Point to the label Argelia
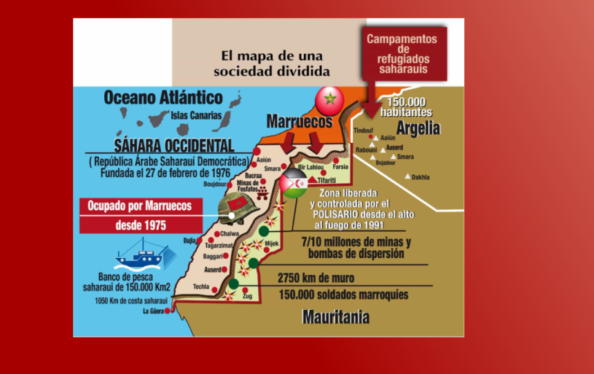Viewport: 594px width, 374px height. pyautogui.click(x=418, y=129)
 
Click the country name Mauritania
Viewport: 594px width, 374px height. pyautogui.click(x=336, y=317)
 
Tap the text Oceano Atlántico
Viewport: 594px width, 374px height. pyautogui.click(x=163, y=98)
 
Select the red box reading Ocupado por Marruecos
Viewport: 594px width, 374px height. pyautogui.click(x=144, y=206)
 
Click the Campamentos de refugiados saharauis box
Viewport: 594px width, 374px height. pyautogui.click(x=402, y=54)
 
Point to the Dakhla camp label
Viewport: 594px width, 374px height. pyautogui.click(x=421, y=177)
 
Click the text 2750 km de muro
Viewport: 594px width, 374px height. pyautogui.click(x=316, y=278)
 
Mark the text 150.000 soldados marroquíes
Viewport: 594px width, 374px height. pyautogui.click(x=343, y=295)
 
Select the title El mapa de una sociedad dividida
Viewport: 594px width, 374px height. pyautogui.click(x=271, y=63)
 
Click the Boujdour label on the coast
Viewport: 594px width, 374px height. pyautogui.click(x=215, y=185)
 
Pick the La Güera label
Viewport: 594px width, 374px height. pyautogui.click(x=155, y=311)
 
